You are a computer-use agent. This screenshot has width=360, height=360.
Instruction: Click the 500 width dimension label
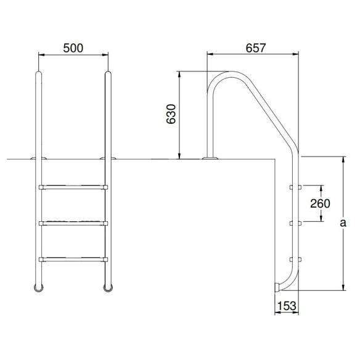click(x=73, y=47)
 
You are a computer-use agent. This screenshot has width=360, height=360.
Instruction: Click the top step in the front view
click(x=73, y=186)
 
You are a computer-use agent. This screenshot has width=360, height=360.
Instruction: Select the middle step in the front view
click(x=73, y=222)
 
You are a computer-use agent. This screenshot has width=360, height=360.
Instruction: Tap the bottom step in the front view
click(x=73, y=258)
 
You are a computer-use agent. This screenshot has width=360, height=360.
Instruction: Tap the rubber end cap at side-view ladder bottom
click(x=277, y=287)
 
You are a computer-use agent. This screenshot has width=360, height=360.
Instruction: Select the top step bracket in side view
click(x=295, y=186)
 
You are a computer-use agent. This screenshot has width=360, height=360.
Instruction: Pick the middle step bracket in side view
click(x=295, y=222)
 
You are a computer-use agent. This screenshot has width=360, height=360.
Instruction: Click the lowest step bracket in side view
click(x=295, y=258)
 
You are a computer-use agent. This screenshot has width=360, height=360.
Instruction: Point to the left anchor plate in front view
click(x=37, y=159)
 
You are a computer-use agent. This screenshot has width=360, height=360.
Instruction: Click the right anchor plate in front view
click(x=108, y=159)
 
